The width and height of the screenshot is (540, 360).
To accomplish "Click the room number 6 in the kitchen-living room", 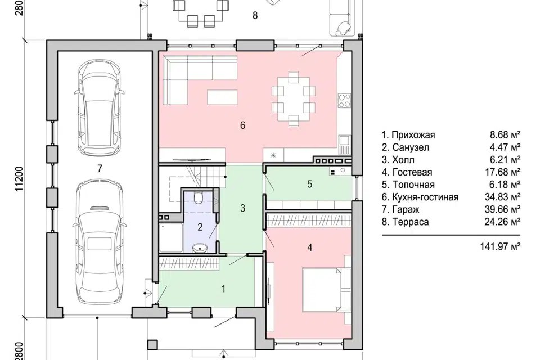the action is click(243, 125).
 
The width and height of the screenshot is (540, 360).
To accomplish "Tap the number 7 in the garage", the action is click(100, 168).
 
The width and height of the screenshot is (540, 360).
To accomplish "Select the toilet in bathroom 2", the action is click(199, 199).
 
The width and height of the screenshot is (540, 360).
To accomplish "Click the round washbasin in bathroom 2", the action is click(199, 247).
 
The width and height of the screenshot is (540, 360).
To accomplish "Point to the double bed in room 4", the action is click(326, 289).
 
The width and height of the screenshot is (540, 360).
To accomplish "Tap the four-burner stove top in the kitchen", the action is click(344, 100).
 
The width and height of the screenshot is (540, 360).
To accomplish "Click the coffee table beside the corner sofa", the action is click(222, 97).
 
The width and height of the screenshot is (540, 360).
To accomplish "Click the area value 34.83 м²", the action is click(502, 197).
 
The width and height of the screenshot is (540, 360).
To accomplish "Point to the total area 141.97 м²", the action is click(500, 246).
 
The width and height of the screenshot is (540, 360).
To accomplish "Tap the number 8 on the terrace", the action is click(255, 16).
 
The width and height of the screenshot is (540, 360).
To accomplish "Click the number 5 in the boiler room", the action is click(309, 184).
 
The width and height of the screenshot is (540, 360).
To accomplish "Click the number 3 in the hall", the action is click(243, 208).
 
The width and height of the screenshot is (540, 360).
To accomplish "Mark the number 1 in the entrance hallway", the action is click(223, 289).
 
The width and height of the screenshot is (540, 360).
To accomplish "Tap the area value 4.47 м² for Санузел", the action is click(505, 147).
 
